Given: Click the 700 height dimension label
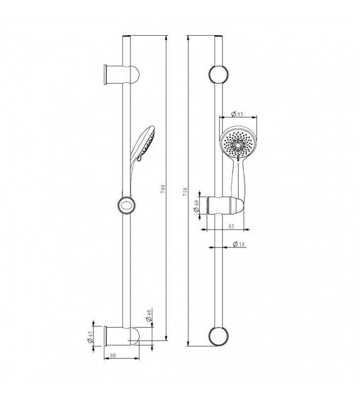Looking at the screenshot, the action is (x=163, y=189).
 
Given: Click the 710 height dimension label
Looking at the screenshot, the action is (x=185, y=192).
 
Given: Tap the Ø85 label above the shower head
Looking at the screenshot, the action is (x=237, y=114).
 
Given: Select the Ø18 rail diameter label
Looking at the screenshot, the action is (x=239, y=244).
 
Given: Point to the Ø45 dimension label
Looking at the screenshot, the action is (x=90, y=337).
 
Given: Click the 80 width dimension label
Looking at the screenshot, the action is (x=113, y=355).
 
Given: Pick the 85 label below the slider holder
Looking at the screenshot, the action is (x=231, y=226).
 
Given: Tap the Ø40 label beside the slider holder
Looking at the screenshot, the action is (x=196, y=206).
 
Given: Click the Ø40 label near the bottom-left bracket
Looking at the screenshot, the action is (x=149, y=315).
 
